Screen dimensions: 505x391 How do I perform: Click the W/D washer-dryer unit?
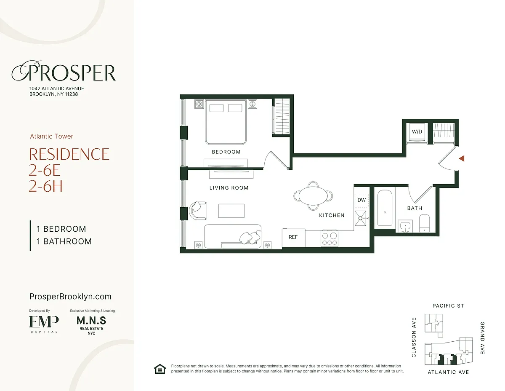417,131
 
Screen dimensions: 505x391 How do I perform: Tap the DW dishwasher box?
361,200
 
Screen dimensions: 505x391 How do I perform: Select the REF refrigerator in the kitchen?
293,238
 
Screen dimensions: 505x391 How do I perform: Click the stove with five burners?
330,238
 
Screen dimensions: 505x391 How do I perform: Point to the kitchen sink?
361,218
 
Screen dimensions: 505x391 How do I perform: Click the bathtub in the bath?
385,208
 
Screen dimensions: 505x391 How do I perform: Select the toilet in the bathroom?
424,223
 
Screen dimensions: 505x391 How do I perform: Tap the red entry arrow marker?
462,158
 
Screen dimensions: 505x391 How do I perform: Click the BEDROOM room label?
226,152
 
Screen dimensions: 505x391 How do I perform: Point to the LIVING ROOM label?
229,188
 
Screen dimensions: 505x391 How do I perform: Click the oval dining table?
313,196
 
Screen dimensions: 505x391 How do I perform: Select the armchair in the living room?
198,211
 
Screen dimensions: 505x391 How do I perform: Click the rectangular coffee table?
231,211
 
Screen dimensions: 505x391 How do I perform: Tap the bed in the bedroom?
226,122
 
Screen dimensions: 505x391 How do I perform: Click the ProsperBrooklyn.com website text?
70,297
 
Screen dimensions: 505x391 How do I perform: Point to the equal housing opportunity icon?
160,369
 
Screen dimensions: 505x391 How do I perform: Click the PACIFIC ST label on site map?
448,305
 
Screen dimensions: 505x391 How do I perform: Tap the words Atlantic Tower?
52,137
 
